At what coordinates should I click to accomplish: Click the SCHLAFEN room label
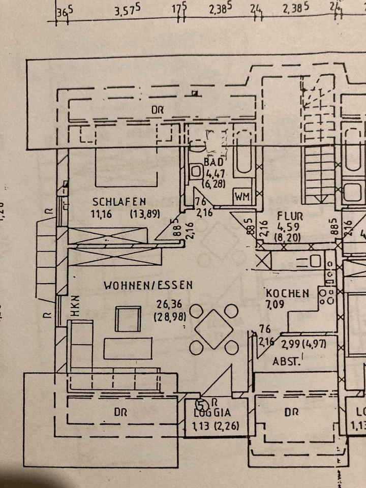(119, 201)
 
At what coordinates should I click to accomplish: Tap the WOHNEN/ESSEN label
(148, 285)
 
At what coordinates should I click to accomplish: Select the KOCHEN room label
(287, 293)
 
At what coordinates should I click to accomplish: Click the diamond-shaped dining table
(215, 329)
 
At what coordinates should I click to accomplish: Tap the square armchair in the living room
(128, 319)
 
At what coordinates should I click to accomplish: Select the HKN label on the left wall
(75, 307)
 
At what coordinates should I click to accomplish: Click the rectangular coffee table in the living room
(129, 348)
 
